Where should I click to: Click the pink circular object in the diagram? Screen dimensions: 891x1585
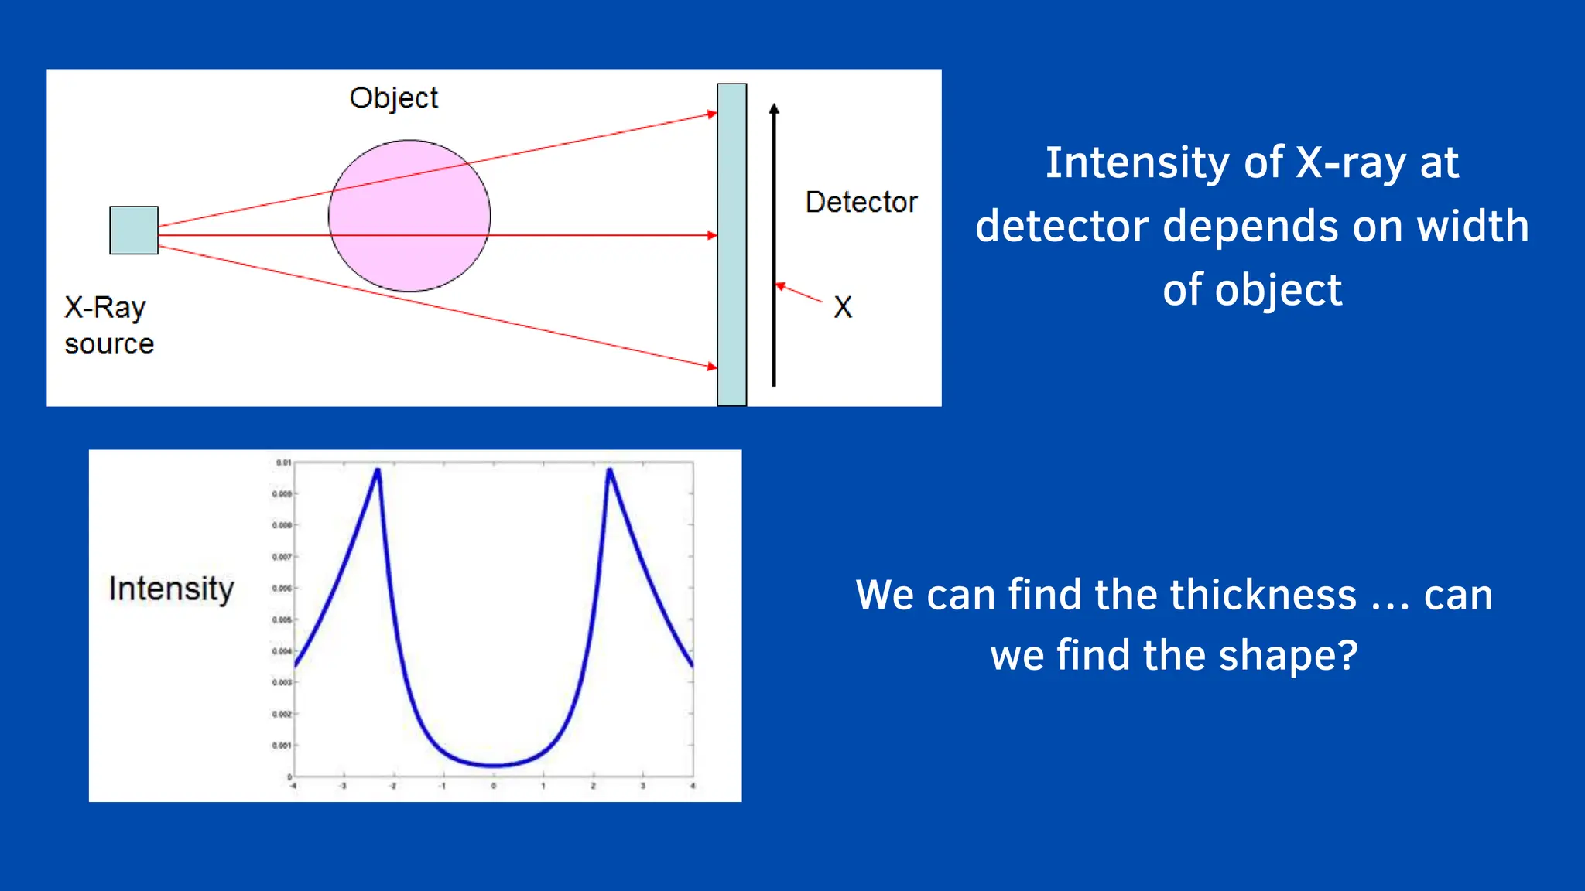[409, 216]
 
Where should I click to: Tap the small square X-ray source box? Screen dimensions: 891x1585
[134, 230]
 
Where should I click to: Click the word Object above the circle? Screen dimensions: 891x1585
[393, 98]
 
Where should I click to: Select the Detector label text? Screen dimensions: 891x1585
[861, 202]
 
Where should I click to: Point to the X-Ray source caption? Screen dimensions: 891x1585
[109, 326]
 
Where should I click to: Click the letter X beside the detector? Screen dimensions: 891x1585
[843, 307]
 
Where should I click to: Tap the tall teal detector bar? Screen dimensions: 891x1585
[731, 244]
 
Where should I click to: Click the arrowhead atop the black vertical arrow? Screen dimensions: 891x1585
[774, 109]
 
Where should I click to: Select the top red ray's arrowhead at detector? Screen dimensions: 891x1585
[712, 114]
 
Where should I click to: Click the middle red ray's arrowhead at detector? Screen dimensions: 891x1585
[712, 235]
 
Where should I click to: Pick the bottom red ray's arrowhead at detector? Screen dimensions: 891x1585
[712, 366]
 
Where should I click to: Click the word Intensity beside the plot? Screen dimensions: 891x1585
[171, 589]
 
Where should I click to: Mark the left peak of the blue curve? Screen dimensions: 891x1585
[378, 469]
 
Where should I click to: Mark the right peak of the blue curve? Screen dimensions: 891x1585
[610, 469]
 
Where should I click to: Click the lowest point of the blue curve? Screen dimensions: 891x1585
[494, 766]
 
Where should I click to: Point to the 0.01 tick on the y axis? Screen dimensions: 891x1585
[283, 463]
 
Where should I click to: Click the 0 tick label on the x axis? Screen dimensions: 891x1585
[494, 786]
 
